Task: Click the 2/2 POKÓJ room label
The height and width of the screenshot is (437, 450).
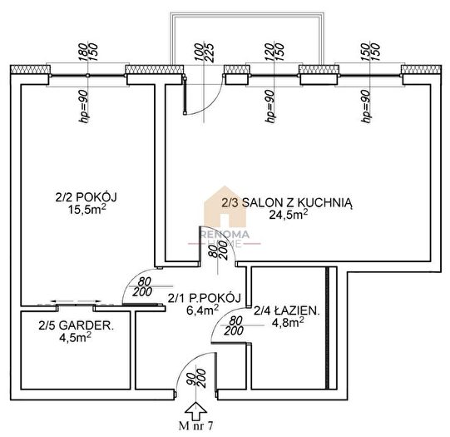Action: [x=87, y=197]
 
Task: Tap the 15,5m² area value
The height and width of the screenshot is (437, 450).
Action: [x=87, y=209]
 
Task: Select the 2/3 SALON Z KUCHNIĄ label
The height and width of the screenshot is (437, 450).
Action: [x=287, y=203]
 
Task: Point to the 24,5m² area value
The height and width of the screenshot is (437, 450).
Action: [x=289, y=215]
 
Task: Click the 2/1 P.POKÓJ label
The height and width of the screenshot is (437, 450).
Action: [x=204, y=298]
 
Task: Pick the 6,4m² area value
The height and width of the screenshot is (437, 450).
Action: [x=203, y=310]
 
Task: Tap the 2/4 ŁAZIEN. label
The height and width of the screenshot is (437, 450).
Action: [x=286, y=310]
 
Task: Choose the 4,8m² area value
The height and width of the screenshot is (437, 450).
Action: [x=288, y=322]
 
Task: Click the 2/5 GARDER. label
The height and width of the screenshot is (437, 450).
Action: [x=76, y=325]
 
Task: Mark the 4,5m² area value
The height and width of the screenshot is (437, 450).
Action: [x=75, y=337]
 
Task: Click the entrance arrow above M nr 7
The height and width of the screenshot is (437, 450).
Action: [x=195, y=411]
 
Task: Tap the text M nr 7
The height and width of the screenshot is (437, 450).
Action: [x=196, y=426]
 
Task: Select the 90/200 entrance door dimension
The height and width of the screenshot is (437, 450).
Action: [x=196, y=378]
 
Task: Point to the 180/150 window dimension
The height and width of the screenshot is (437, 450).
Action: [x=88, y=52]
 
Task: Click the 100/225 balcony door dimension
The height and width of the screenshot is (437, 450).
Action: [x=204, y=52]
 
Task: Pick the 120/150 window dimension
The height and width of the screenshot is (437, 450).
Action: [x=274, y=52]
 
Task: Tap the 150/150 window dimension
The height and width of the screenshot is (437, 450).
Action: [x=370, y=52]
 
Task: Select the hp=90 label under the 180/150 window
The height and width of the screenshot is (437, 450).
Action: [x=84, y=107]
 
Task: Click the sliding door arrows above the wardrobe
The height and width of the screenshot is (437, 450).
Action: [x=76, y=301]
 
